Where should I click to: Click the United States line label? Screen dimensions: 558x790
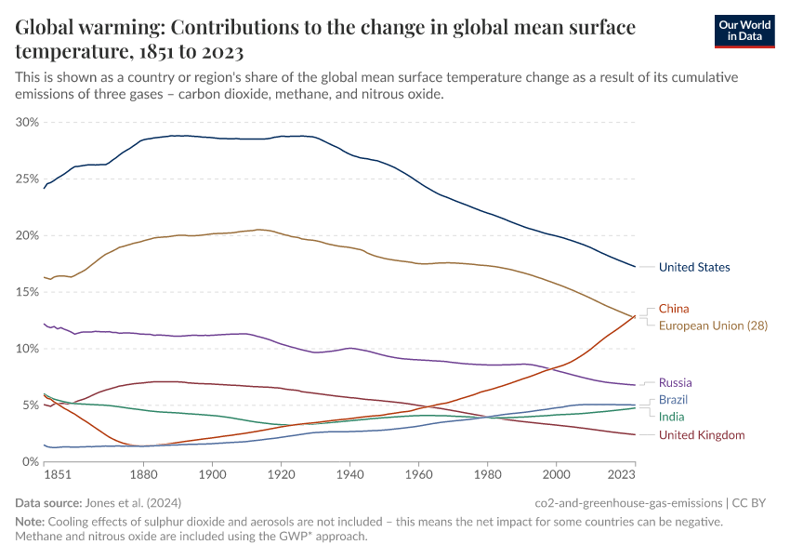coord(693,268)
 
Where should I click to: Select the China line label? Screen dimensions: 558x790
coord(674,309)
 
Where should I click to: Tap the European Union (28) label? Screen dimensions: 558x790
coord(713,325)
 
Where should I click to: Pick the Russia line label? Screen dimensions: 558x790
coord(675,382)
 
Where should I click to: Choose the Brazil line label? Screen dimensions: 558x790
coord(673,400)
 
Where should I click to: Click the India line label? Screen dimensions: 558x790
coord(672,417)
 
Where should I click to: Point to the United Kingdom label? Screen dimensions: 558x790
coord(702,434)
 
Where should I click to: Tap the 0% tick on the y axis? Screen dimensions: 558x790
coord(31,462)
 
